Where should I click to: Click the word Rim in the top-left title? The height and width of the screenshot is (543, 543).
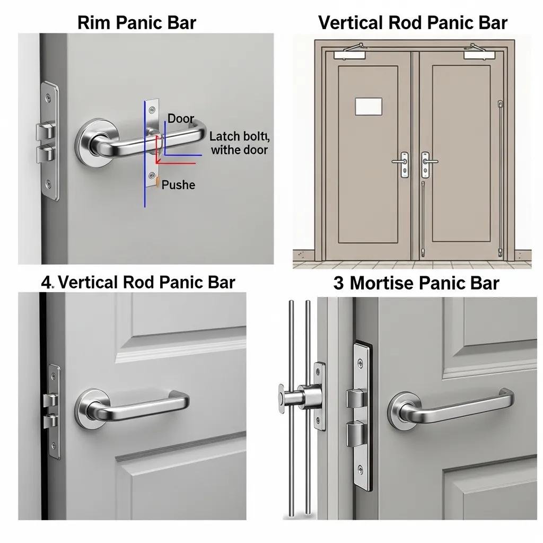(x=93, y=23)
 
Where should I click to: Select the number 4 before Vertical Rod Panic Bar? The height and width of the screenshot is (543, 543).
(x=47, y=283)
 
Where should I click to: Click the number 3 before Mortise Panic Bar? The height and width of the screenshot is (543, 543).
(x=339, y=283)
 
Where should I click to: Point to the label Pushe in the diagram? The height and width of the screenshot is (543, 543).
(x=178, y=185)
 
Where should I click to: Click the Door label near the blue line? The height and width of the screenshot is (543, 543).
(x=181, y=119)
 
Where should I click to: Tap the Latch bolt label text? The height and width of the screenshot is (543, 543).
(x=240, y=136)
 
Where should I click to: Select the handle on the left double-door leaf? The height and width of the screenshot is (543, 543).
(x=401, y=162)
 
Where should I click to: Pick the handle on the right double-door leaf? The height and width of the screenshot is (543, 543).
(x=428, y=161)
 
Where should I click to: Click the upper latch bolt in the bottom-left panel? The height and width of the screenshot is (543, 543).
(x=50, y=399)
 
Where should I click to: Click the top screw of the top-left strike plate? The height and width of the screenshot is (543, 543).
(x=49, y=98)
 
